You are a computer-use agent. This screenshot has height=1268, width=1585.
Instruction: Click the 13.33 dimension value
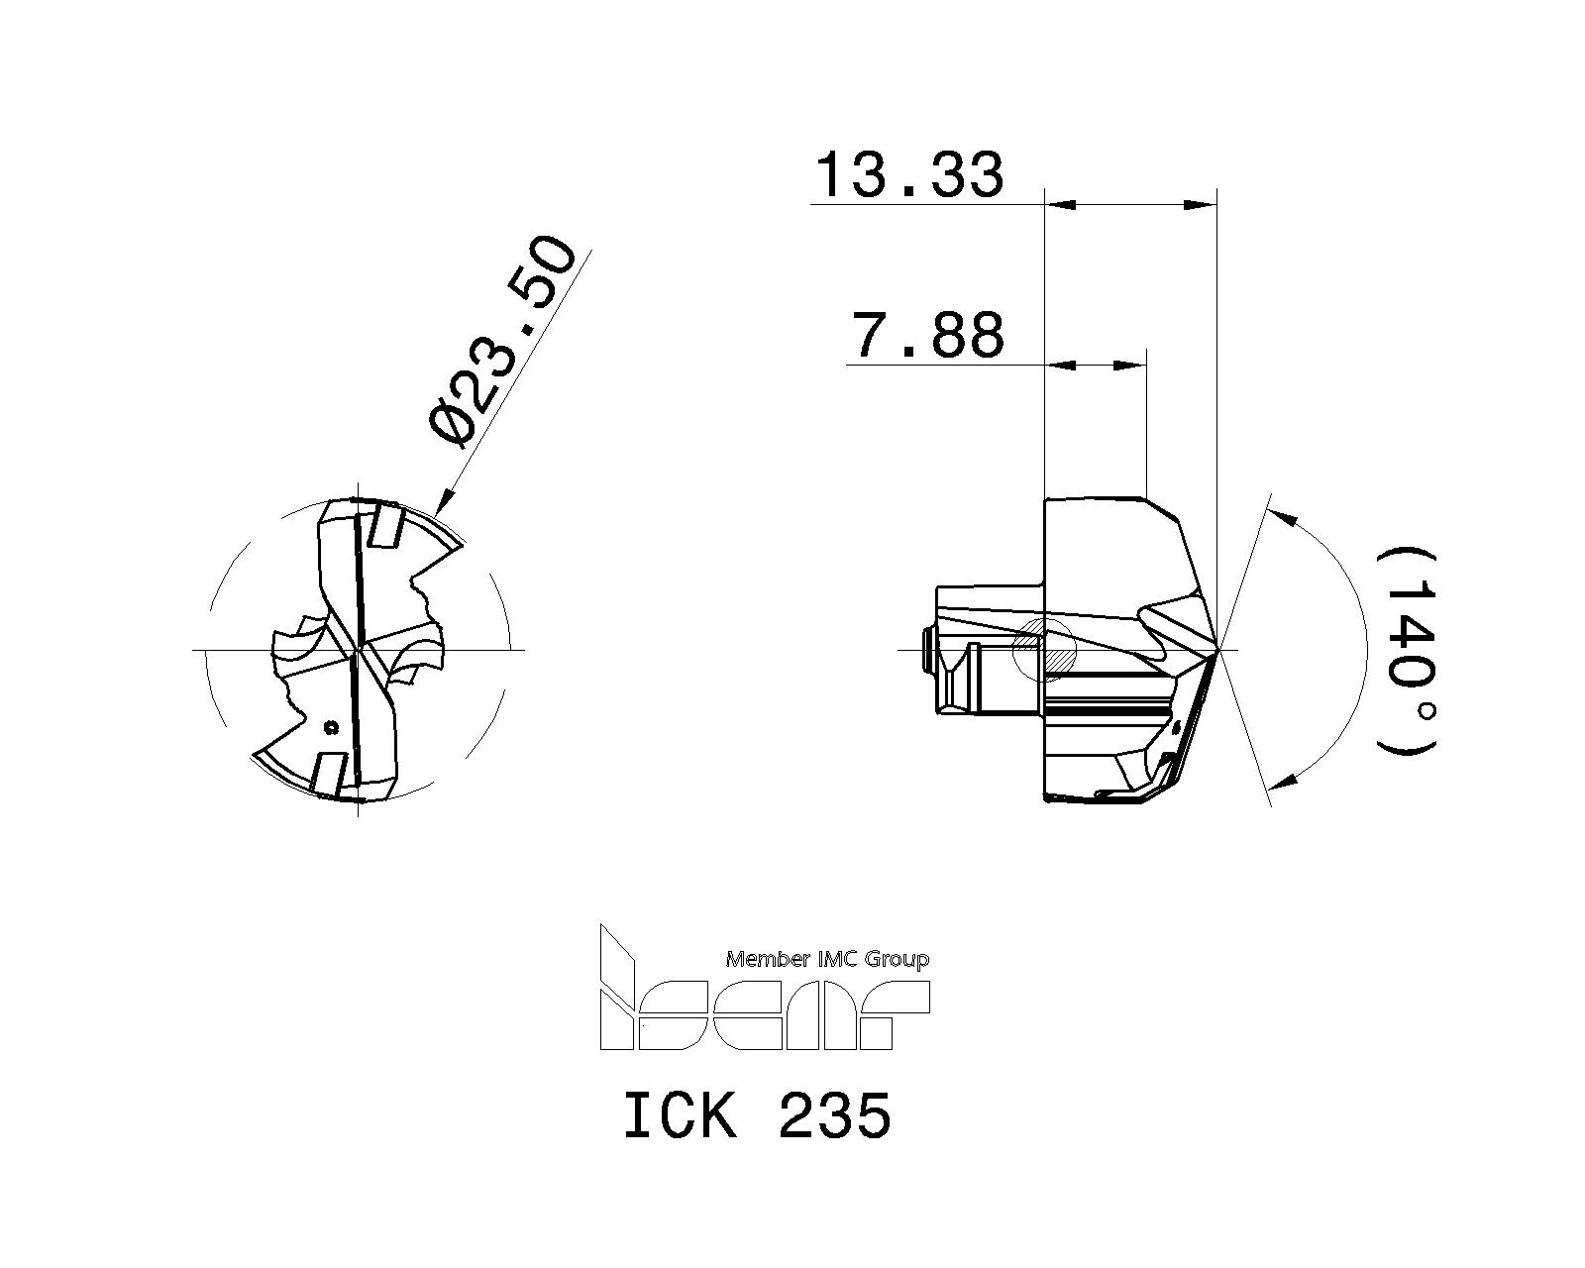[x=908, y=176]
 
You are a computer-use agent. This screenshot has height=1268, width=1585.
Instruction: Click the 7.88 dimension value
[x=928, y=336]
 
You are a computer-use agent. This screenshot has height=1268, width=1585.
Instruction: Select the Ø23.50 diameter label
[x=502, y=341]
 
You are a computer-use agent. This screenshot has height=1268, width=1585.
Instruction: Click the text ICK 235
[x=758, y=1116]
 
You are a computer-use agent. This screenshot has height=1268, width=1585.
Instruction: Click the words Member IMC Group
[x=827, y=959]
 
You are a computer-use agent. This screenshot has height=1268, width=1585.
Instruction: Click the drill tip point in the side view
[x=1218, y=650]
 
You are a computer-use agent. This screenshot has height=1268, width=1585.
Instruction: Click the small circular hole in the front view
[x=332, y=728]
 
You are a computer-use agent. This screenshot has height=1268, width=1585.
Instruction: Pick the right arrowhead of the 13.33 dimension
[x=1202, y=205]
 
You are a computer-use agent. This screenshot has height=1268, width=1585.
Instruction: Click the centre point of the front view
[x=357, y=650]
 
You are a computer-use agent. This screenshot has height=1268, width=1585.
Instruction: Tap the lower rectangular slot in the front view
[x=329, y=772]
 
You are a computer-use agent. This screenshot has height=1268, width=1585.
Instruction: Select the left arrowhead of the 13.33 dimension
[x=1060, y=205]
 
